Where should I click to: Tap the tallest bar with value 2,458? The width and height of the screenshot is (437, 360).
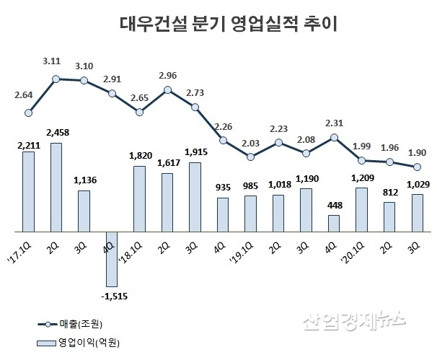[x=56, y=187]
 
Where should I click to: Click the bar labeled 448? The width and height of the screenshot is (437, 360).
[x=333, y=223]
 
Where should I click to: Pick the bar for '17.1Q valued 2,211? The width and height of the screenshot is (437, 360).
[x=28, y=191]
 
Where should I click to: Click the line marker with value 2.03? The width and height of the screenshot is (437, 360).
[x=250, y=157]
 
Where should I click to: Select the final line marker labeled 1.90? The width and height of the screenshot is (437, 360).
[x=417, y=167]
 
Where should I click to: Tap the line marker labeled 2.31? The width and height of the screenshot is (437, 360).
[x=333, y=136]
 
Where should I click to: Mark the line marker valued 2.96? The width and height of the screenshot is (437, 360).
[x=167, y=89]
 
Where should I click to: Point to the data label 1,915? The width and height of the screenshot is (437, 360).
[x=195, y=152]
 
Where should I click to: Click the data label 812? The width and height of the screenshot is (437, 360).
[x=389, y=193]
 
